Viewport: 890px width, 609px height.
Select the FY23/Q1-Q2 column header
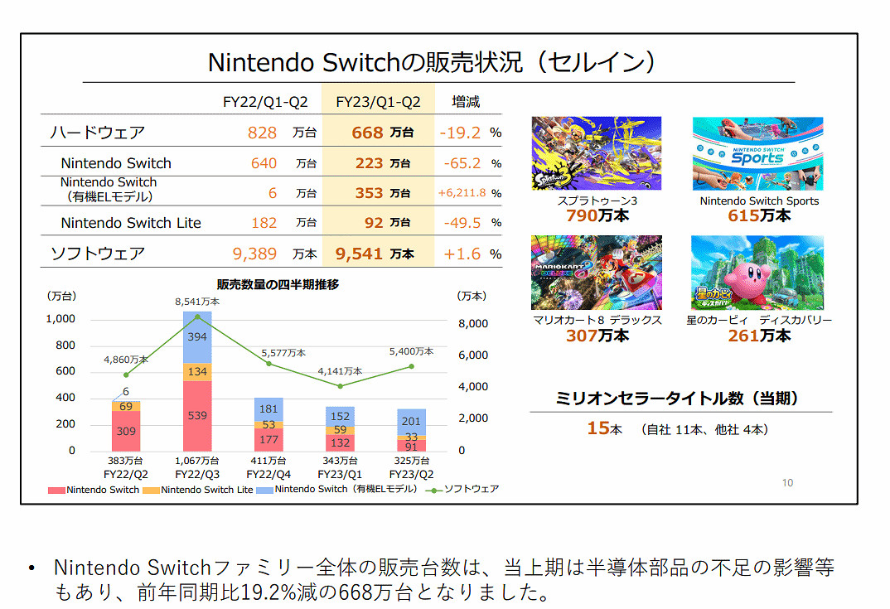coord(378,102)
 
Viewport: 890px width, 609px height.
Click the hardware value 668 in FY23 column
coord(367,133)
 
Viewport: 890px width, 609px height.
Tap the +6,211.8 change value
coord(462,193)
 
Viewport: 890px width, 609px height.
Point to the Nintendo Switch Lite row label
coord(131,223)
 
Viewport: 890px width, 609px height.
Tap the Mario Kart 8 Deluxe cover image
coord(596,273)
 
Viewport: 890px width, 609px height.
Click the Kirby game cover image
coord(757,273)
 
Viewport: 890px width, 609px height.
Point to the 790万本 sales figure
coord(597,216)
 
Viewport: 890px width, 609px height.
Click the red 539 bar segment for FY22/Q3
coord(197,415)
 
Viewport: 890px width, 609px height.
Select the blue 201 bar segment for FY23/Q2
coord(412,421)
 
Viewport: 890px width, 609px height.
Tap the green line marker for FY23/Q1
coord(340,386)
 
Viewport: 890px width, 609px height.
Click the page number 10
coord(787,482)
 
